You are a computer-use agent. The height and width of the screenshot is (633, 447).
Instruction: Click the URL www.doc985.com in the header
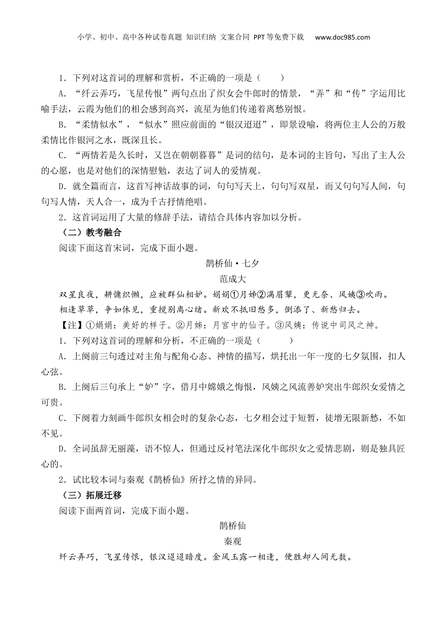[342, 37]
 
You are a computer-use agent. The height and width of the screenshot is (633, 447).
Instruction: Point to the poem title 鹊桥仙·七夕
[232, 264]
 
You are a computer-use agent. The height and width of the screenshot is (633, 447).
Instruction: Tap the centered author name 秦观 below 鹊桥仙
[232, 541]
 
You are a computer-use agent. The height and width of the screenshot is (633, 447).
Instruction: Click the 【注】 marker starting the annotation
[68, 325]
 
